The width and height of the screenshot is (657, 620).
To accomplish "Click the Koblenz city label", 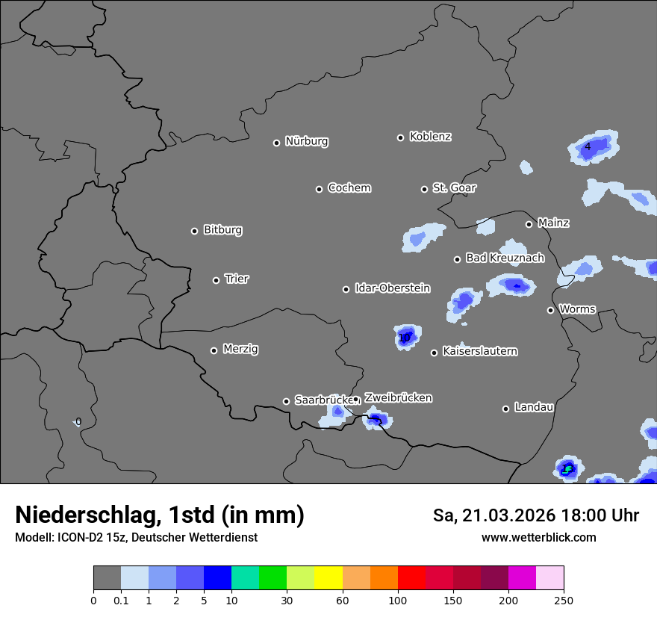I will (430, 137).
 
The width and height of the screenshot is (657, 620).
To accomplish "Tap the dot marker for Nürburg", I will (276, 143).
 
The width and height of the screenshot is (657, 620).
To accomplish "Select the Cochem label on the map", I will (349, 187).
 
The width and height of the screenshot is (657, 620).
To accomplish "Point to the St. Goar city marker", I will (424, 189).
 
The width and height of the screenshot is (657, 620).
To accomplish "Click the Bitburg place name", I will (222, 230).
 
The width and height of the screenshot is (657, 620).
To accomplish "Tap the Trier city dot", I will (216, 280).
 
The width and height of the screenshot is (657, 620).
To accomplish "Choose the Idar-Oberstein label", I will (392, 288).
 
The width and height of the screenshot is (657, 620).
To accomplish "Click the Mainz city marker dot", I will (529, 224).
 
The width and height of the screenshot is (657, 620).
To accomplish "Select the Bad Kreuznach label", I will (505, 258).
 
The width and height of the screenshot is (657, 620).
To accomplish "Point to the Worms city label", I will (577, 309).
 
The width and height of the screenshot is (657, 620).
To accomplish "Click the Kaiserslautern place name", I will (479, 351).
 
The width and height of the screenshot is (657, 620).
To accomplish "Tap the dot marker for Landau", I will (505, 409).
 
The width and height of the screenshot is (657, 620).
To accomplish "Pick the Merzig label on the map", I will (240, 349).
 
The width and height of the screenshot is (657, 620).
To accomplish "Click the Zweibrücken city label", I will (398, 398).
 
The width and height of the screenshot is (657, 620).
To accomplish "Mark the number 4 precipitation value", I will (588, 146).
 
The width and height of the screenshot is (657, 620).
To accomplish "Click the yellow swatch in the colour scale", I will (328, 578).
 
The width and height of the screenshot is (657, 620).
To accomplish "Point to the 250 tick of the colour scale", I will (564, 600).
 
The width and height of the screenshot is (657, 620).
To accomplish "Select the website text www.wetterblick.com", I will (538, 538).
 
